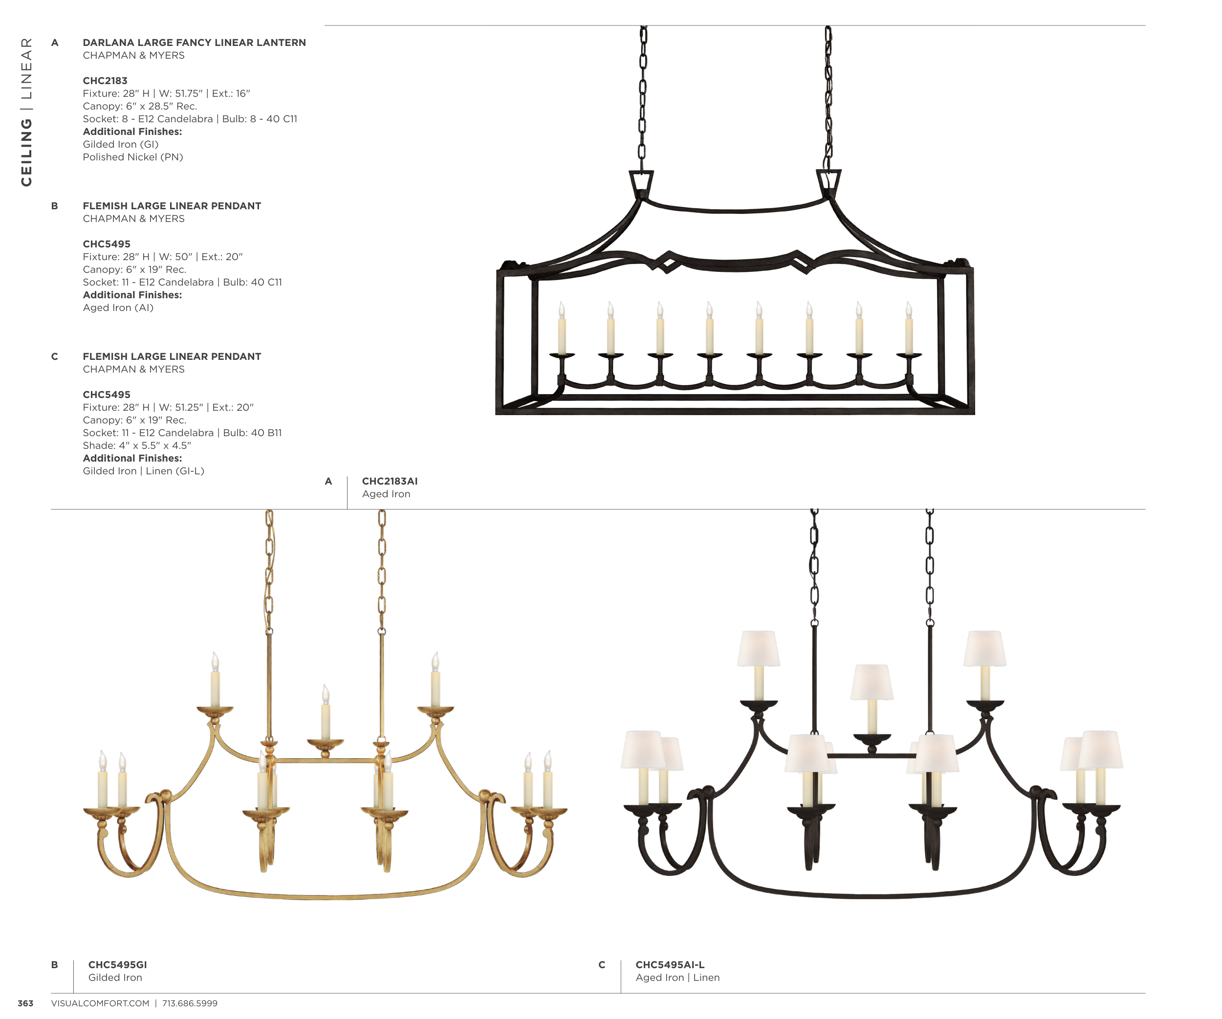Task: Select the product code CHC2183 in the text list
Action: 105,80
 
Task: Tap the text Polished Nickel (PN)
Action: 132,157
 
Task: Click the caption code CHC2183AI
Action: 389,481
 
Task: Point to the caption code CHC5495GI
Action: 117,964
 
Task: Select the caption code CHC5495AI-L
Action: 669,964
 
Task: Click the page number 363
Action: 25,1003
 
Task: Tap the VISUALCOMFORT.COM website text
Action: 100,1003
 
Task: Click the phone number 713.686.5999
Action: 190,1003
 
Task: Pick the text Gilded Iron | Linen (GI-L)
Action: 143,471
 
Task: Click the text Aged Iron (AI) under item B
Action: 118,308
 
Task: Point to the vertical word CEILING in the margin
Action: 26,153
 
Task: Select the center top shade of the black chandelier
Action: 872,682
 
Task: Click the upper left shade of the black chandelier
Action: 758,648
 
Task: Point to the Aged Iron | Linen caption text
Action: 677,977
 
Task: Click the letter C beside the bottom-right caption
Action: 602,965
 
